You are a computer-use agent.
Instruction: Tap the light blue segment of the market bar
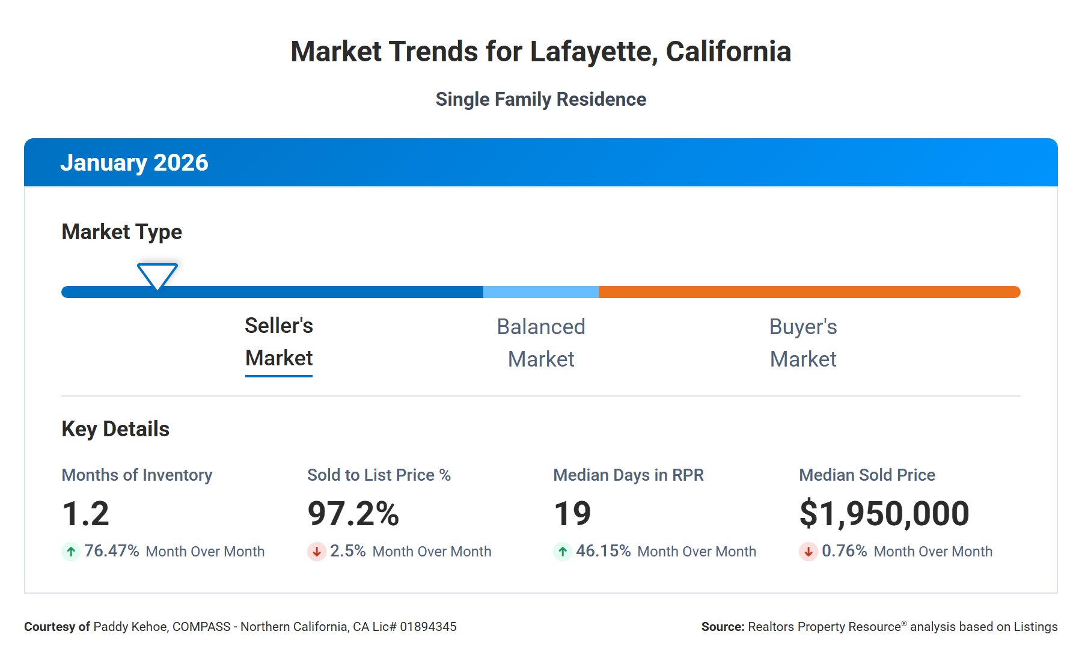(x=540, y=292)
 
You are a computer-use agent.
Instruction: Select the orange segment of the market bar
(x=808, y=292)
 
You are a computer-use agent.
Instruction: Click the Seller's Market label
(x=279, y=342)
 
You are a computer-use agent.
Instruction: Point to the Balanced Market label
(x=540, y=343)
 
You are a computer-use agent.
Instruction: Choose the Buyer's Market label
(x=803, y=343)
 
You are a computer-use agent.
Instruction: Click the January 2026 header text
(x=134, y=163)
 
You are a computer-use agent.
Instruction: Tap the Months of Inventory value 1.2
(x=86, y=514)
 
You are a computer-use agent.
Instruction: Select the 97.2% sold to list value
(x=353, y=514)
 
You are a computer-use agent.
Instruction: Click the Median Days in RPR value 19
(x=572, y=514)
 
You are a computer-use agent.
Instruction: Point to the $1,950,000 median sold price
(x=884, y=514)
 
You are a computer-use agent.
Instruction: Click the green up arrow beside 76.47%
(x=71, y=551)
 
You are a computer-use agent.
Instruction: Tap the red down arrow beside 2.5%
(x=317, y=551)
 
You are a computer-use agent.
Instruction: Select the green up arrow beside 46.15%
(x=563, y=551)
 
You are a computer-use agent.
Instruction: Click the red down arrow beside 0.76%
(x=808, y=551)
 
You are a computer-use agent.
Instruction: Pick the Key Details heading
(x=115, y=429)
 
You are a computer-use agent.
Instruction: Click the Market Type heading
(x=121, y=232)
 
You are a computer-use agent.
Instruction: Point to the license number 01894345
(x=428, y=627)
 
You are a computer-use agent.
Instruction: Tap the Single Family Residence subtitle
(x=540, y=99)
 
